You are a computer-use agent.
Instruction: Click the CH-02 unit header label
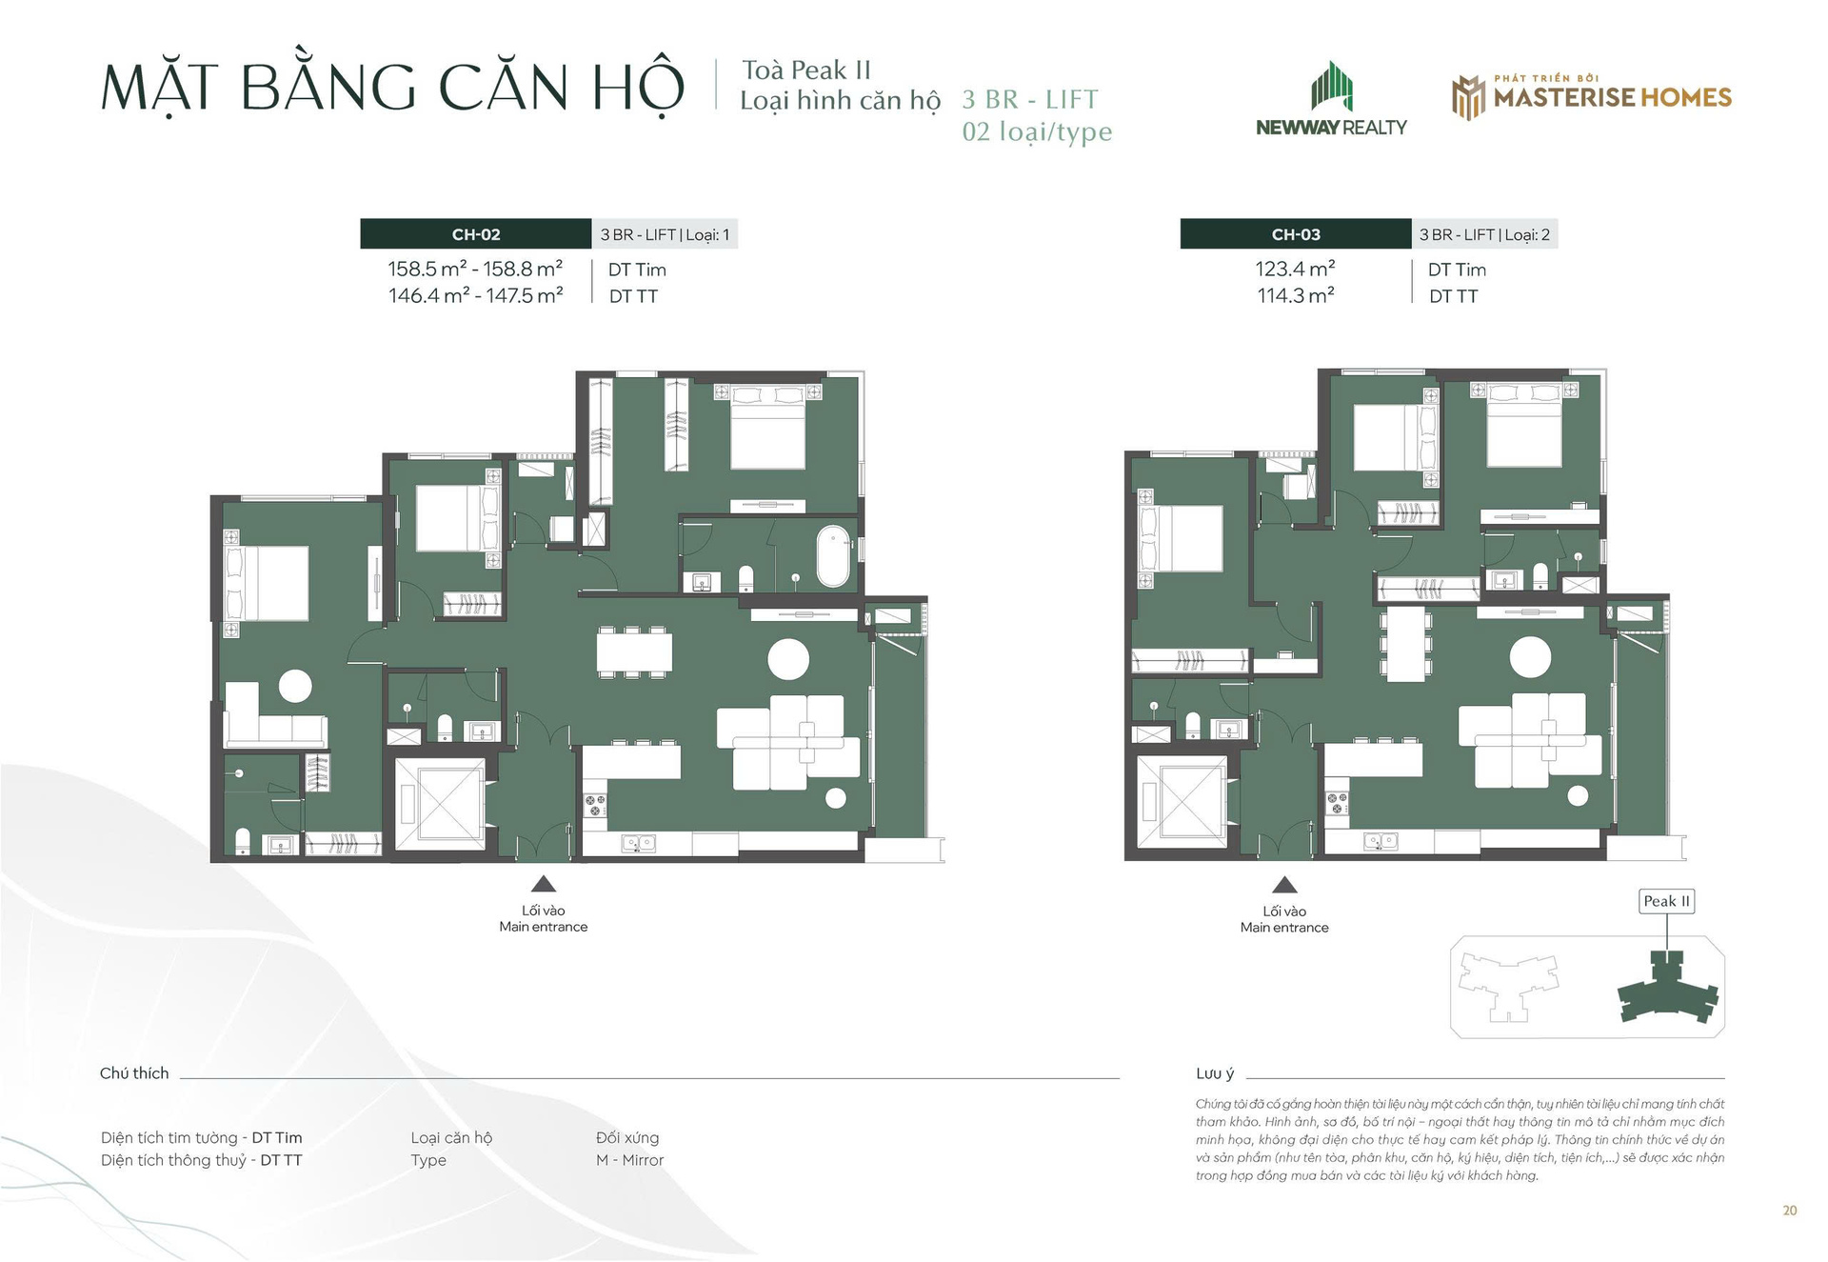point(476,234)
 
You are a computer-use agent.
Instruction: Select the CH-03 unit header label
point(1296,234)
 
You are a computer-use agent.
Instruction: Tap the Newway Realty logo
point(1331,99)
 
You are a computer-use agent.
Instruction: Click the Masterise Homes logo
point(1592,97)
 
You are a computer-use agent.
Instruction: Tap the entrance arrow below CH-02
point(544,883)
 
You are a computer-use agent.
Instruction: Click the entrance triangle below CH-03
point(1284,884)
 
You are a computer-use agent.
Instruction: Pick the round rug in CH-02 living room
point(788,659)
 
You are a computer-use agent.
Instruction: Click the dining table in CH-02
point(634,652)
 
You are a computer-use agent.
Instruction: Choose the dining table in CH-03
point(1405,644)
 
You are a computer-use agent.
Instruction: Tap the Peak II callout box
point(1666,901)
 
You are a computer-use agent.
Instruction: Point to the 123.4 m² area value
point(1295,270)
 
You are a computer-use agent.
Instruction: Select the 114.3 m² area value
point(1295,296)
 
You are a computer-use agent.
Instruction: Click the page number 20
point(1790,1211)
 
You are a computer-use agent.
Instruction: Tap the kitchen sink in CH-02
point(637,843)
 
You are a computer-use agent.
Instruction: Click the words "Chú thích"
point(134,1073)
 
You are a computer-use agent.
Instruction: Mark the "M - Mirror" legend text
point(629,1160)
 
